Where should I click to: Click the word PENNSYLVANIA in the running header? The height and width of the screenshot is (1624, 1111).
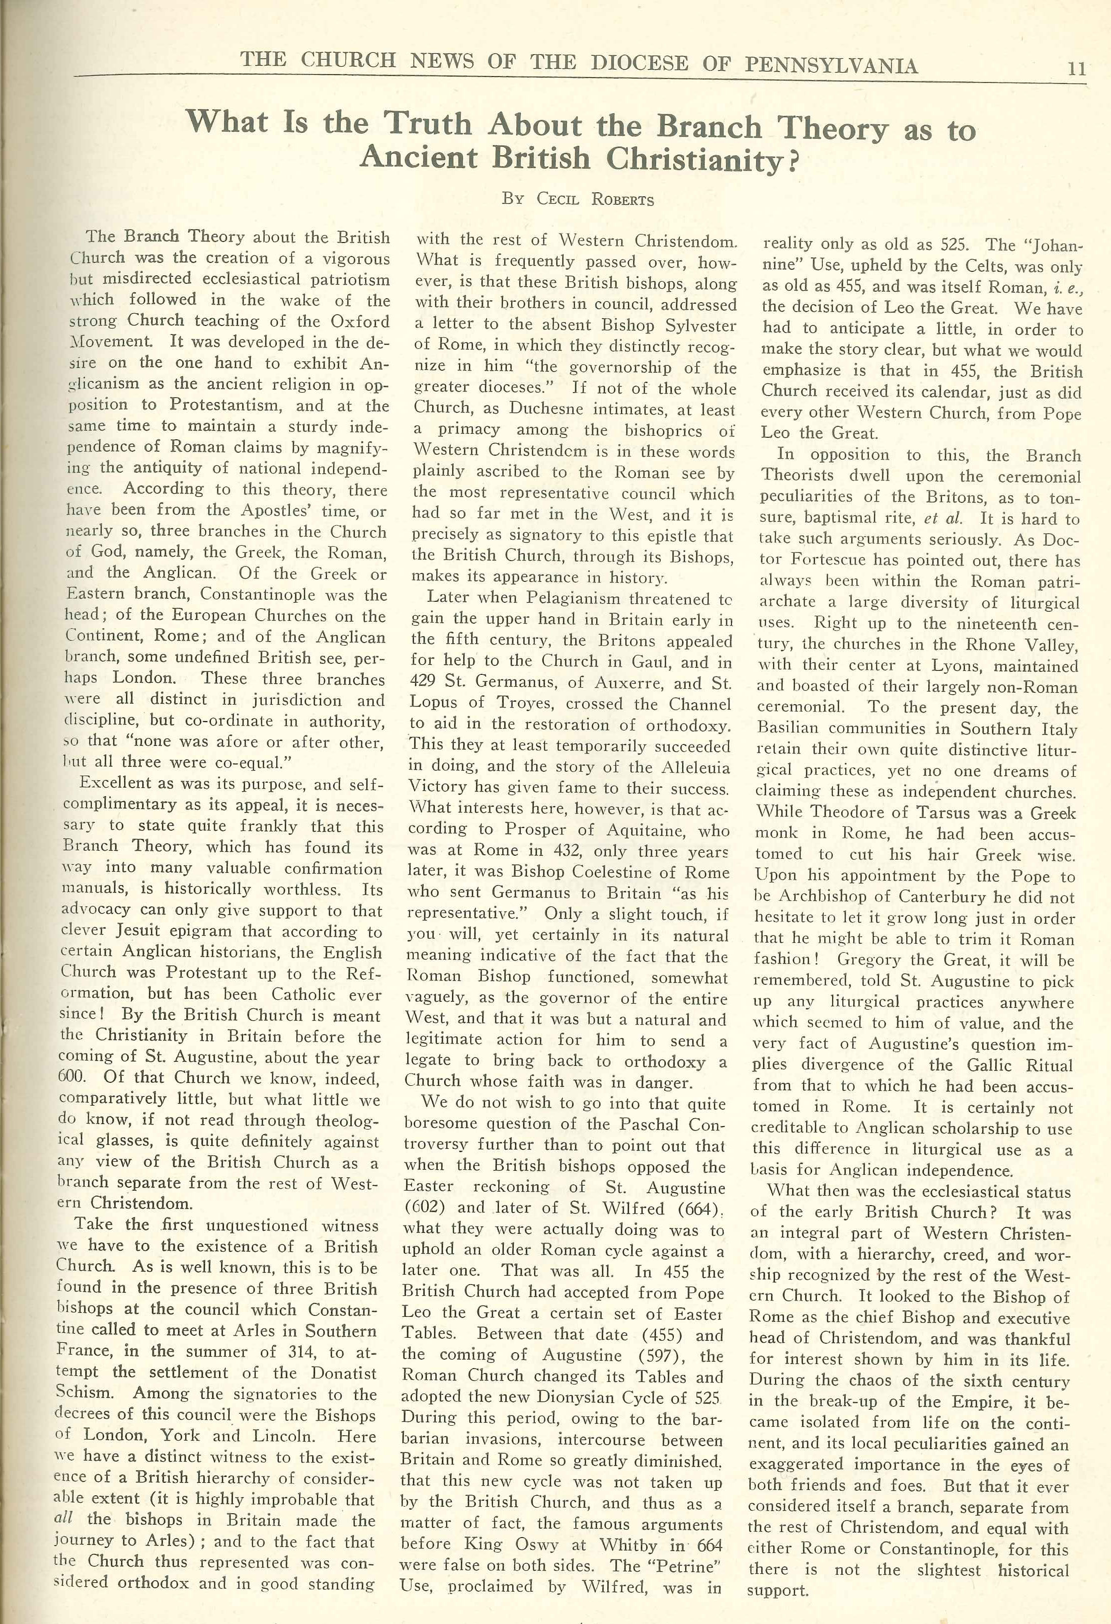point(831,65)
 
